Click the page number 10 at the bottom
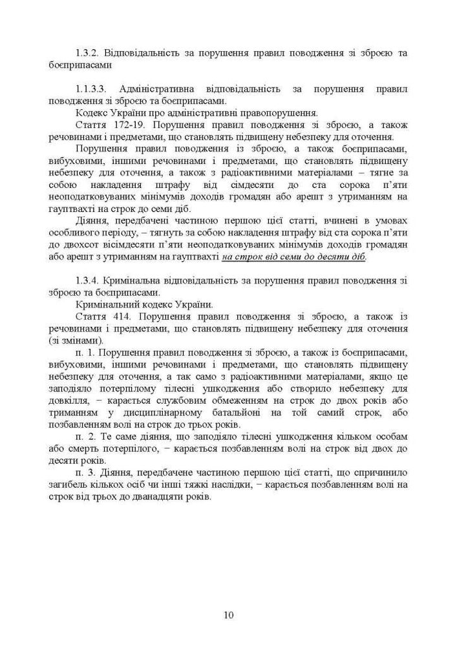228,614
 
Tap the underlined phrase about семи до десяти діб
294,257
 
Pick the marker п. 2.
85,436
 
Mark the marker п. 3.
85,472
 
